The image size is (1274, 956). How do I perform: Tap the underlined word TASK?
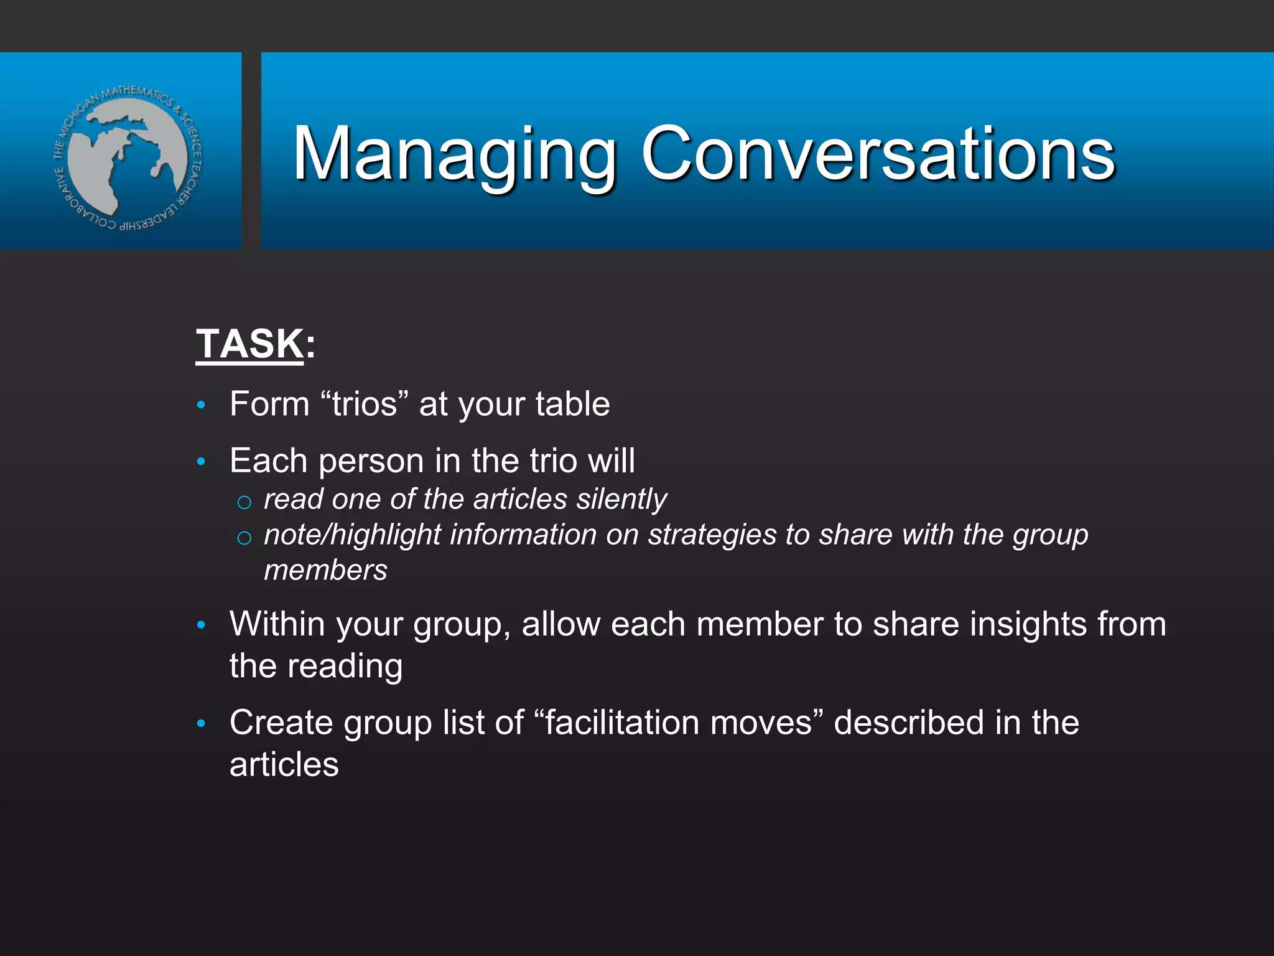249,344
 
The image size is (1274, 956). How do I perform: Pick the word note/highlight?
352,535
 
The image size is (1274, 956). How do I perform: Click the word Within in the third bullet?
277,624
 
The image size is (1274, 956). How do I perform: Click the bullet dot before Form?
201,405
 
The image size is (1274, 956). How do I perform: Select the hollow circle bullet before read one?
244,502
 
